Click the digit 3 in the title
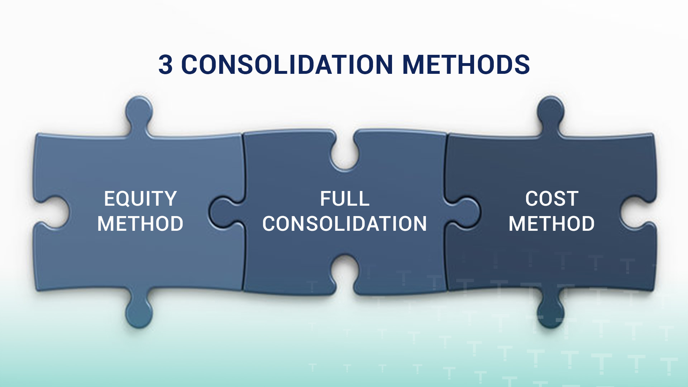coord(165,64)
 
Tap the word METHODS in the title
coord(466,64)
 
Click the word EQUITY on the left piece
coord(140,199)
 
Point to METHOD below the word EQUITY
coord(140,224)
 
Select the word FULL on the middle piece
coord(345,199)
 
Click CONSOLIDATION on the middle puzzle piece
coord(345,224)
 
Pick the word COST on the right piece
coord(552,199)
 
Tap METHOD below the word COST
coord(552,224)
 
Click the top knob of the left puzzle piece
coord(139,111)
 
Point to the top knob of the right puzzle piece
coord(551,111)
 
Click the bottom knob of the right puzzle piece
coord(551,310)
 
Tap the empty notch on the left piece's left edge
coord(54,212)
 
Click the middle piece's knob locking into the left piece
coord(224,214)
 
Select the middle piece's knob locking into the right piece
coord(464,214)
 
